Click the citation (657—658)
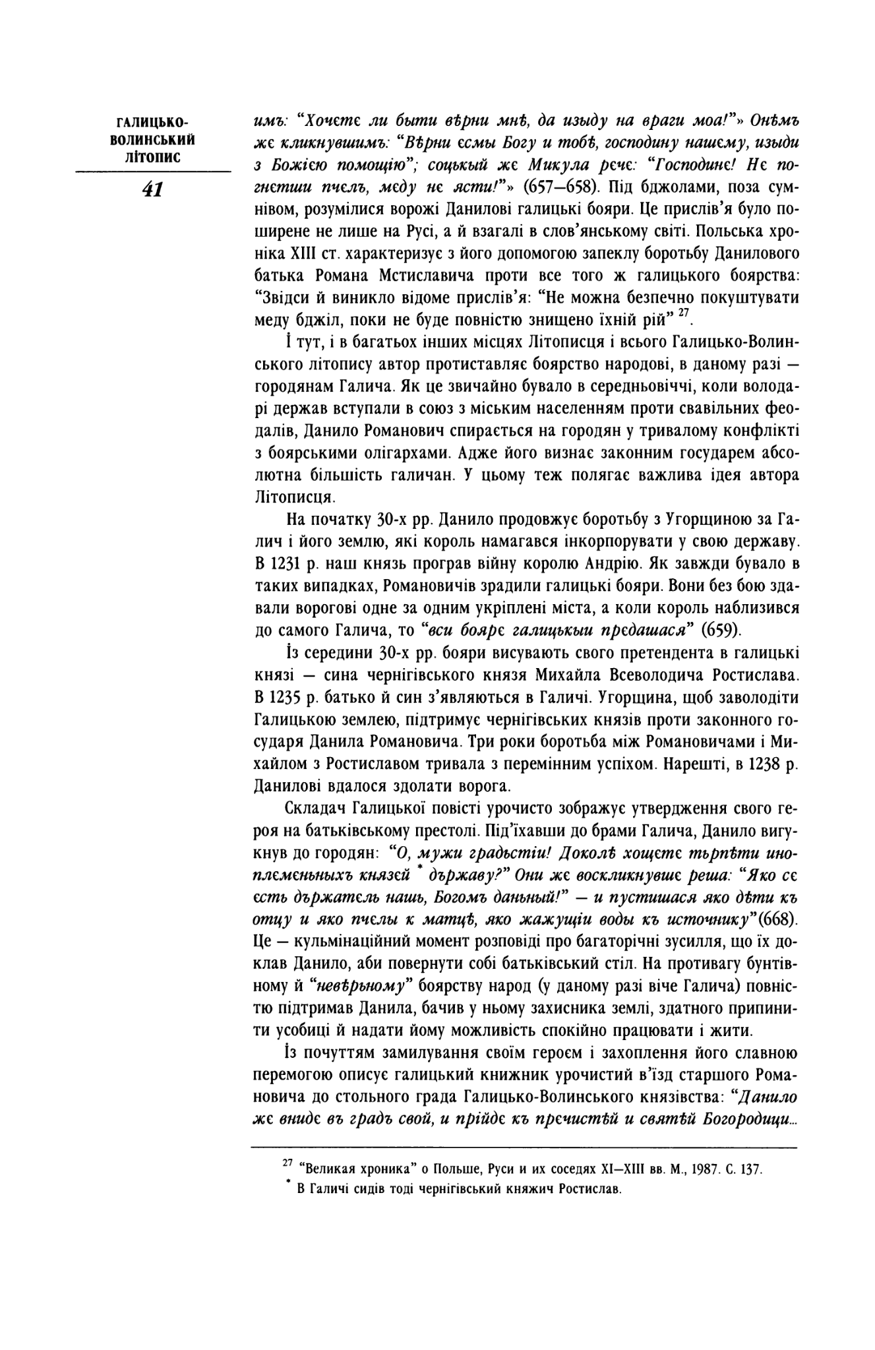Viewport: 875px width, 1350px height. point(560,187)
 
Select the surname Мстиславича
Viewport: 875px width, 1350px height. point(423,275)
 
